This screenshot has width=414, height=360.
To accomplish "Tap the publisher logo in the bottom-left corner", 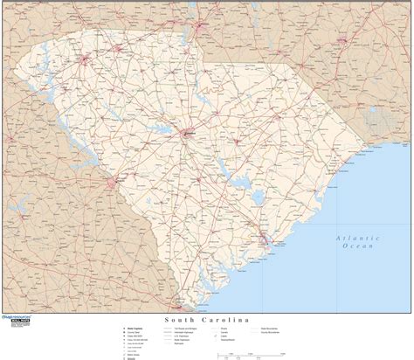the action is click(x=17, y=343).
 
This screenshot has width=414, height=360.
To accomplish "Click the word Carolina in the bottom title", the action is click(x=225, y=322).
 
